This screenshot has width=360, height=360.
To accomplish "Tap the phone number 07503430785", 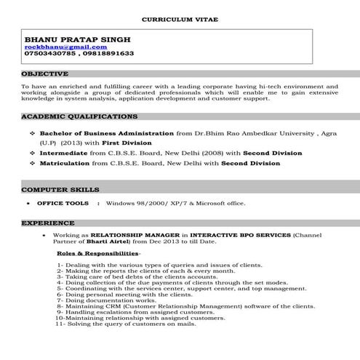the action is (49, 55).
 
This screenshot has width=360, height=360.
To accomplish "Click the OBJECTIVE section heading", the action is (45, 74).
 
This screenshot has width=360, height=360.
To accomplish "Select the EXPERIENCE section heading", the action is (47, 222).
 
